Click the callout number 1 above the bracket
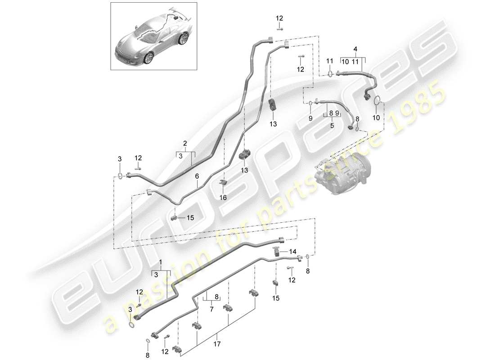[x=160, y=261]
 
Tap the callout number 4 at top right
[x=355, y=48]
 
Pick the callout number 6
[x=196, y=177]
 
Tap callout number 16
[x=223, y=197]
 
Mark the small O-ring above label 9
[x=310, y=104]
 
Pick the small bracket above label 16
[x=223, y=182]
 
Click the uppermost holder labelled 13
[x=273, y=105]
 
